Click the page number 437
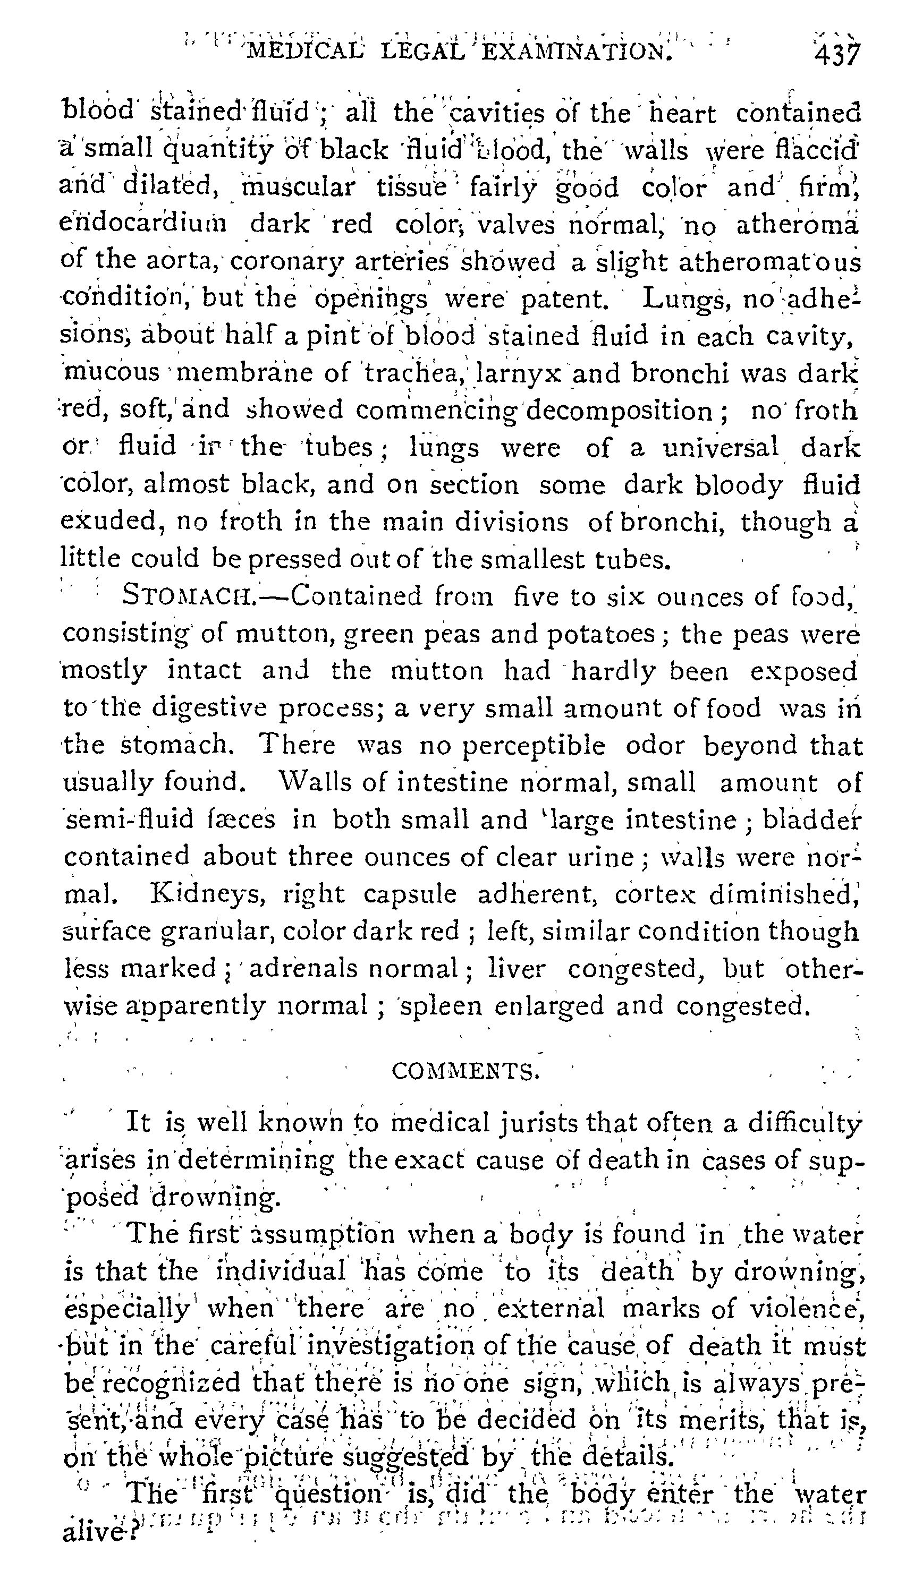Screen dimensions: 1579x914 pos(837,55)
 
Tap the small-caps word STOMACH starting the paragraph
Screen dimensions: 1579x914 pos(188,596)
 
